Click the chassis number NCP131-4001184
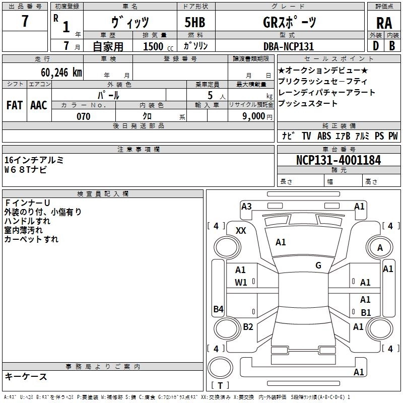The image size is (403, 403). click(x=338, y=160)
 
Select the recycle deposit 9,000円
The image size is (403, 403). click(x=256, y=116)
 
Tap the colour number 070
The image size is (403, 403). click(x=83, y=116)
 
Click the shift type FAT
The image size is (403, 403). click(x=14, y=105)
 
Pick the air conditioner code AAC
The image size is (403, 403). click(x=38, y=105)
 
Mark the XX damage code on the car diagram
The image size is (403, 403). click(x=241, y=230)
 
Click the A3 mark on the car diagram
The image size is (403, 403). click(x=246, y=206)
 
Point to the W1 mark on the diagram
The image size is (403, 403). click(x=241, y=283)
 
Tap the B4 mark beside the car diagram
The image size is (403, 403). click(x=218, y=309)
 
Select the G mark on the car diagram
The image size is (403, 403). click(x=318, y=265)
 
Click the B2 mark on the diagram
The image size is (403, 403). click(x=248, y=327)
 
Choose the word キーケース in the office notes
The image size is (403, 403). click(x=26, y=377)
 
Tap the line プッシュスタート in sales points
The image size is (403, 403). click(x=308, y=104)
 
